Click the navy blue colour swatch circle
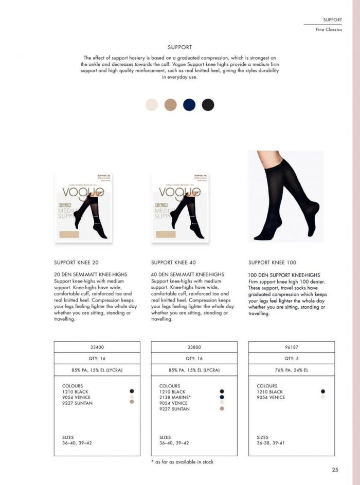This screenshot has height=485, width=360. tap(189, 105)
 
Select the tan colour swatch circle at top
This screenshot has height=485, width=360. tap(171, 105)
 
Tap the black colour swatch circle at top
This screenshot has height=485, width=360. tap(208, 105)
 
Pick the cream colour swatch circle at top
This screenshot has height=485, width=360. tap(152, 105)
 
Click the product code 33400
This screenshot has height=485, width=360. tap(97, 347)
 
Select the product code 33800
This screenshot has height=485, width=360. tap(194, 347)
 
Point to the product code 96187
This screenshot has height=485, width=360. tap(291, 347)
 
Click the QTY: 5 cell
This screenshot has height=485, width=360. tap(291, 359)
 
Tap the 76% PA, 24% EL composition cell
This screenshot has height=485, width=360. tap(291, 370)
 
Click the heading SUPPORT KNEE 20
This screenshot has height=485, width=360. tap(76, 263)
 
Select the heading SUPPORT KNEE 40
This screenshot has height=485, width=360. tap(173, 263)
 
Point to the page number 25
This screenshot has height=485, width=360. tap(335, 470)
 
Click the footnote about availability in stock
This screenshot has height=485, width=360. tap(182, 462)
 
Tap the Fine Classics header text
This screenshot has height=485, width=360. tap(329, 30)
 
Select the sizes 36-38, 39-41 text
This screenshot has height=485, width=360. tap(271, 443)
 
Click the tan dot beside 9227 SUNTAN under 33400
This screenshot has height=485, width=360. tap(132, 402)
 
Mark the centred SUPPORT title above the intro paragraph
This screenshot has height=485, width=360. tap(179, 47)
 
